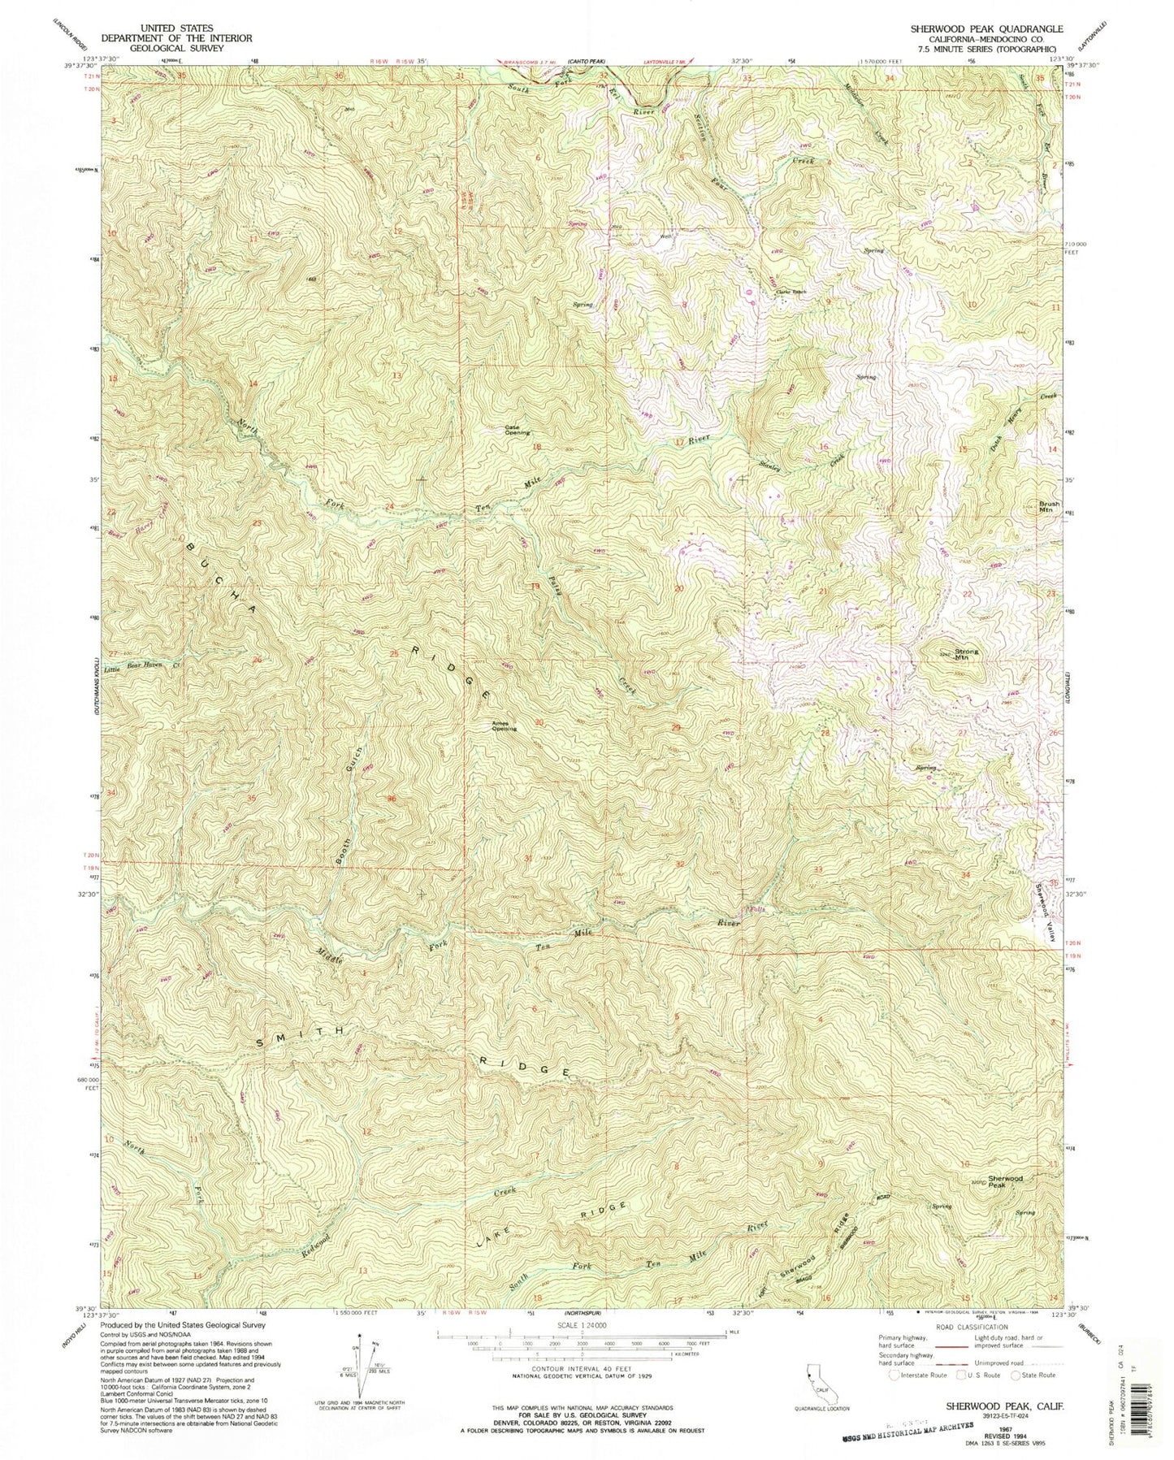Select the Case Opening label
518,430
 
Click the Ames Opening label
503,726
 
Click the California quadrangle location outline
814,1382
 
